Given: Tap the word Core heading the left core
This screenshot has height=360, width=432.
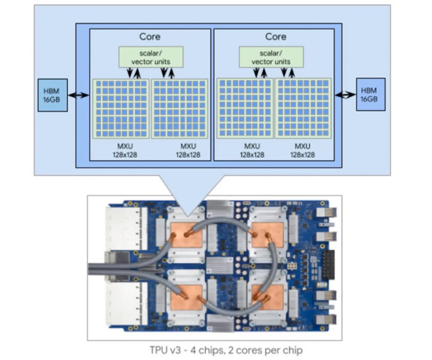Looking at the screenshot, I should (151, 37).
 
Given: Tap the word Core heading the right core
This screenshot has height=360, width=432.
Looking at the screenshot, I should (275, 37).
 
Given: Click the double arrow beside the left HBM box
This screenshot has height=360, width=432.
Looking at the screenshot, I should (79, 95).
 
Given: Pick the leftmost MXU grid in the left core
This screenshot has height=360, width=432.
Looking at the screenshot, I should (121, 107).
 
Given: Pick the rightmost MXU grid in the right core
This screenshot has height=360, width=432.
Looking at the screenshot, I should (303, 107).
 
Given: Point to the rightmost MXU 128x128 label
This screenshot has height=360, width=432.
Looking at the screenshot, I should (302, 151).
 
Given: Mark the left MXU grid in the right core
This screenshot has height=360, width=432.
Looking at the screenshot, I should (245, 107).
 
